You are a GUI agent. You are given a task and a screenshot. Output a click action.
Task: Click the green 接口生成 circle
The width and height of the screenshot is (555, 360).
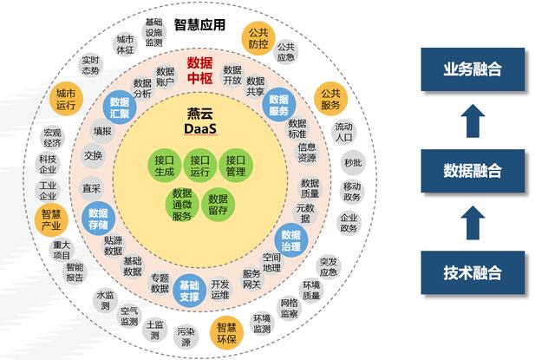point(164,165)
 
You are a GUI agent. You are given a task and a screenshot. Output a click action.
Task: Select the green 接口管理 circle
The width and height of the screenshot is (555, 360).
point(236,165)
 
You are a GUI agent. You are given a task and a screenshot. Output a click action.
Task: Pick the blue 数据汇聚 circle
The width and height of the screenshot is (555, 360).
point(120,108)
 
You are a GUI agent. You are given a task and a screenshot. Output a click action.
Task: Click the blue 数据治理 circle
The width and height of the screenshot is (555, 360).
point(291,239)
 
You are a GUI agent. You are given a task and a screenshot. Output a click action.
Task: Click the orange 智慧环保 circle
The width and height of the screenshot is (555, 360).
point(226,333)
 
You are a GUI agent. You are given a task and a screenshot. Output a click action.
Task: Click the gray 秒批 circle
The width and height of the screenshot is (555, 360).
point(351,162)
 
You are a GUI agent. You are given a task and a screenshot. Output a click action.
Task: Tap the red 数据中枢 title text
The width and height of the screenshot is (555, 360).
point(199,70)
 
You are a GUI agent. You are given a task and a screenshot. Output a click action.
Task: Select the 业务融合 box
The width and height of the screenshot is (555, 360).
point(473,69)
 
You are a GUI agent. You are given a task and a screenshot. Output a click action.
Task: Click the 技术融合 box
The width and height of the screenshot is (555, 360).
point(473,272)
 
